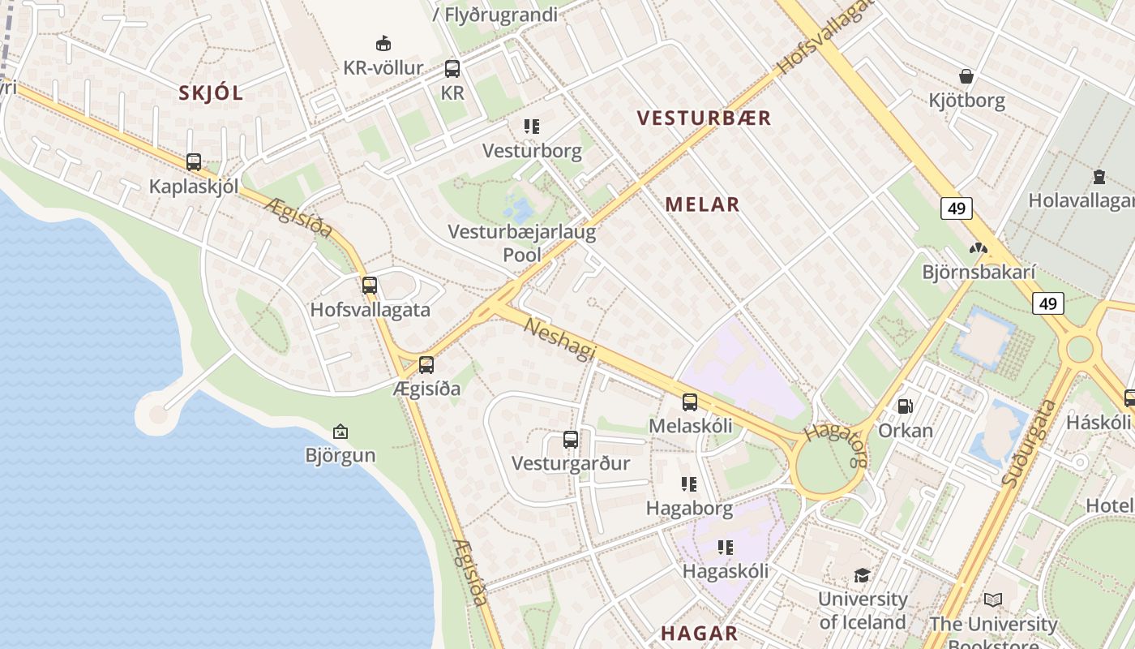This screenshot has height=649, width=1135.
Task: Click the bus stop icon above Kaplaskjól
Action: [x=193, y=162]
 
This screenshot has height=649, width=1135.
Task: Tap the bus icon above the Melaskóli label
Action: [x=690, y=402]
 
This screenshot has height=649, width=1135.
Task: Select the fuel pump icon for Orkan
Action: [x=905, y=406]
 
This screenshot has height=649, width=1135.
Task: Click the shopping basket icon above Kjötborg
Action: [x=966, y=76]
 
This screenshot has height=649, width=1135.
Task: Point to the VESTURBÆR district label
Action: [x=704, y=118]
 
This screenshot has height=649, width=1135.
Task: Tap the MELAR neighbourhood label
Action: [x=702, y=204]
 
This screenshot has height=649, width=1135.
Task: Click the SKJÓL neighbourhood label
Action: [x=211, y=93]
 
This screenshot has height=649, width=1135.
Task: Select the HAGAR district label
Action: [x=699, y=634]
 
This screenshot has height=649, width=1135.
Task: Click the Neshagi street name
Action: [x=560, y=339]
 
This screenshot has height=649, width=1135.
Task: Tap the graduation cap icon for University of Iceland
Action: [x=862, y=575]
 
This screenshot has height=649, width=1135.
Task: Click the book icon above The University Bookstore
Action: [x=993, y=600]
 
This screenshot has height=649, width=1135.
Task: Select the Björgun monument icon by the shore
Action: [x=340, y=432]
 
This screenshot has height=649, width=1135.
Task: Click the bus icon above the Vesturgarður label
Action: [x=571, y=440]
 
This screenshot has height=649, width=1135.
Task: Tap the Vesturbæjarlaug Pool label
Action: [x=522, y=243]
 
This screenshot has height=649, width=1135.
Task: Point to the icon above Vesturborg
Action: [x=532, y=127]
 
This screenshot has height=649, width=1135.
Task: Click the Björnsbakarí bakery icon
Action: [x=979, y=248]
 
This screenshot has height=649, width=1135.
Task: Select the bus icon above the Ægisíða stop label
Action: [x=426, y=365]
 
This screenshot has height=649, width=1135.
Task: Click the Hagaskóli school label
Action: [x=725, y=571]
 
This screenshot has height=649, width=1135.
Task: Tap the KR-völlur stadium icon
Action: [x=383, y=43]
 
